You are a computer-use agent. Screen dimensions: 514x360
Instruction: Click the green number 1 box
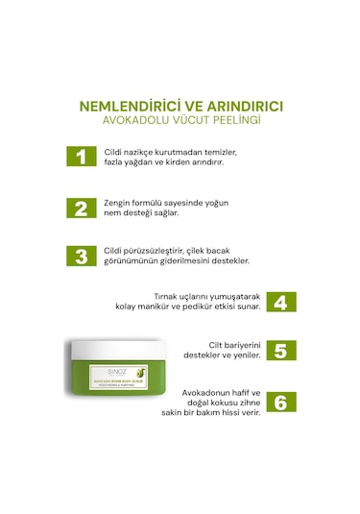(82, 157)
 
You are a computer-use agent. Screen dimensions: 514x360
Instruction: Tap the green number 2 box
(82, 207)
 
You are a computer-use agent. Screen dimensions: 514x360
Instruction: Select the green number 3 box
(82, 256)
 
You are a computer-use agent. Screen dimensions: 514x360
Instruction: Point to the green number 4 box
(280, 302)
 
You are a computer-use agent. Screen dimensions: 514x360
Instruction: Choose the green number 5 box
(280, 351)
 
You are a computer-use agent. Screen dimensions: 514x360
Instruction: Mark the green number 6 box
(280, 401)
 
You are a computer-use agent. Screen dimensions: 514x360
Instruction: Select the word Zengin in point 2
(120, 202)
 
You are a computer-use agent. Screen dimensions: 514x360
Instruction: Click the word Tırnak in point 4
(169, 297)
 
